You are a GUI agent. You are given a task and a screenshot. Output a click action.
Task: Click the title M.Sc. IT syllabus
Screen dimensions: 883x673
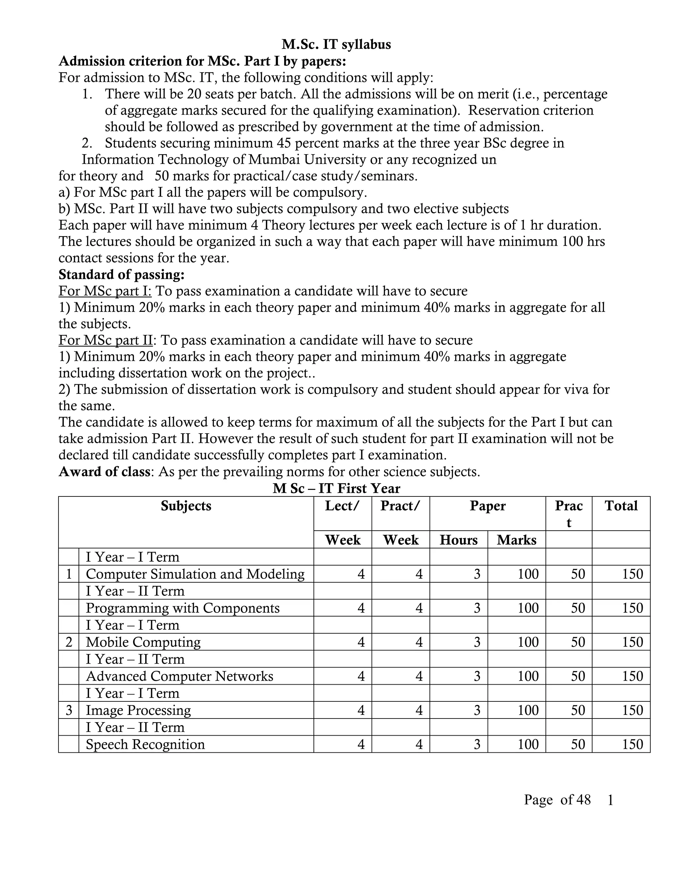pyautogui.click(x=336, y=44)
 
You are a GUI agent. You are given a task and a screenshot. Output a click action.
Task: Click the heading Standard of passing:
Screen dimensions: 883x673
pyautogui.click(x=121, y=275)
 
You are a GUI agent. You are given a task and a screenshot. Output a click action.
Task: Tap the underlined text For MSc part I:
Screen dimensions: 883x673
pyautogui.click(x=105, y=291)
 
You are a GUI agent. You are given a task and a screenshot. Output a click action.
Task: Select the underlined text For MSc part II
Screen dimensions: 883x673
pyautogui.click(x=106, y=340)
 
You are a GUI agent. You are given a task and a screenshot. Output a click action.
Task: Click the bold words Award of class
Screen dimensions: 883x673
pyautogui.click(x=104, y=471)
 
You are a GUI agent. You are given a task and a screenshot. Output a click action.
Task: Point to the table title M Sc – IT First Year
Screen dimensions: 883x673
pyautogui.click(x=336, y=489)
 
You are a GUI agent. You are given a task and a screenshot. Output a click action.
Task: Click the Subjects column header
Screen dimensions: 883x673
pyautogui.click(x=186, y=506)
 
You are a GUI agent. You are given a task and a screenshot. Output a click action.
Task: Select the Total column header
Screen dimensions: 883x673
pyautogui.click(x=621, y=506)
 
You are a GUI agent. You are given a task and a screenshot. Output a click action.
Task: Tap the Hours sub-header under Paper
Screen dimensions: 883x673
pyautogui.click(x=459, y=540)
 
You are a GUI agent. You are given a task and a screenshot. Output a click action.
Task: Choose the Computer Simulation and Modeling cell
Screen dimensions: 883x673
pyautogui.click(x=195, y=574)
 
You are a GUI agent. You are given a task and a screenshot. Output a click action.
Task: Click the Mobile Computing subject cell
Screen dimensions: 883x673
pyautogui.click(x=143, y=643)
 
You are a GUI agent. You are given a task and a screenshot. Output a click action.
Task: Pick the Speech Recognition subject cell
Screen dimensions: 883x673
pyautogui.click(x=145, y=744)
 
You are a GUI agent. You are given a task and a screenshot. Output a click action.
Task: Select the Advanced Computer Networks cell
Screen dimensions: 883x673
pyautogui.click(x=179, y=676)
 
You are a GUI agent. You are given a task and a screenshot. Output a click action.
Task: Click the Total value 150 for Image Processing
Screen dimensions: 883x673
pyautogui.click(x=632, y=711)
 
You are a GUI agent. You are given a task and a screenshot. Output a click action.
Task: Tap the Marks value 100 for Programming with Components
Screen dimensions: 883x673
pyautogui.click(x=528, y=608)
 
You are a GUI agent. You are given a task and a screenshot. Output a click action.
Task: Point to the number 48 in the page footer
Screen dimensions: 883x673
pyautogui.click(x=583, y=800)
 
